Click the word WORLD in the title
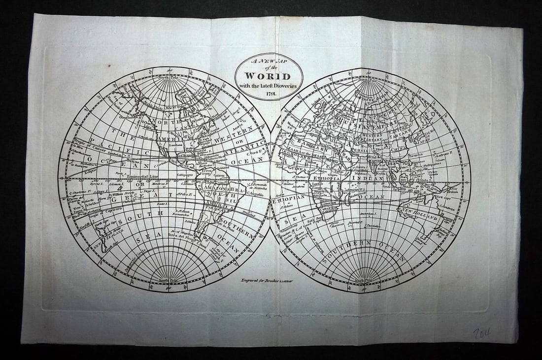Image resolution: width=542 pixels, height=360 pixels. [x=269, y=76]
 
